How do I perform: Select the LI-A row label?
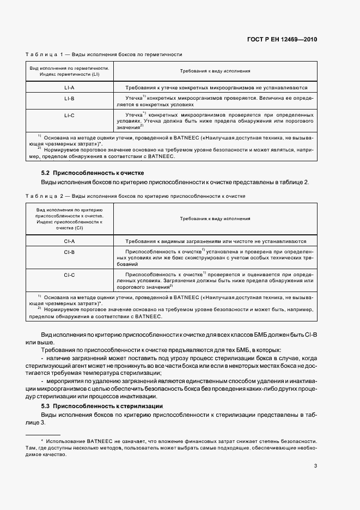pyautogui.click(x=69, y=87)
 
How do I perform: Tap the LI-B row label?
pyautogui.click(x=69, y=99)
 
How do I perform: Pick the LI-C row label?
pyautogui.click(x=69, y=115)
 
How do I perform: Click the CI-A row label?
pyautogui.click(x=69, y=241)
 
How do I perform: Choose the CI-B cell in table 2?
pyautogui.click(x=69, y=252)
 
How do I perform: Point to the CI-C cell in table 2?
pyautogui.click(x=69, y=275)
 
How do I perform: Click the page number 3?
pyautogui.click(x=316, y=465)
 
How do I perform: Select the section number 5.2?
pyautogui.click(x=46, y=172)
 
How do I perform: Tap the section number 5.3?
pyautogui.click(x=46, y=406)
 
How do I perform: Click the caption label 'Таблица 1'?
pyautogui.click(x=45, y=54)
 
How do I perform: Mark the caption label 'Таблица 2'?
pyautogui.click(x=45, y=195)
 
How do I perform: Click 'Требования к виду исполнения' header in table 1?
pyautogui.click(x=215, y=71)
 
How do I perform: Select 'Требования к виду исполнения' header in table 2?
pyautogui.click(x=215, y=218)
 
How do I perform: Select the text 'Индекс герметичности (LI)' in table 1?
pyautogui.click(x=69, y=75)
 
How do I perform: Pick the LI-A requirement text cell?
pyautogui.click(x=216, y=87)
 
